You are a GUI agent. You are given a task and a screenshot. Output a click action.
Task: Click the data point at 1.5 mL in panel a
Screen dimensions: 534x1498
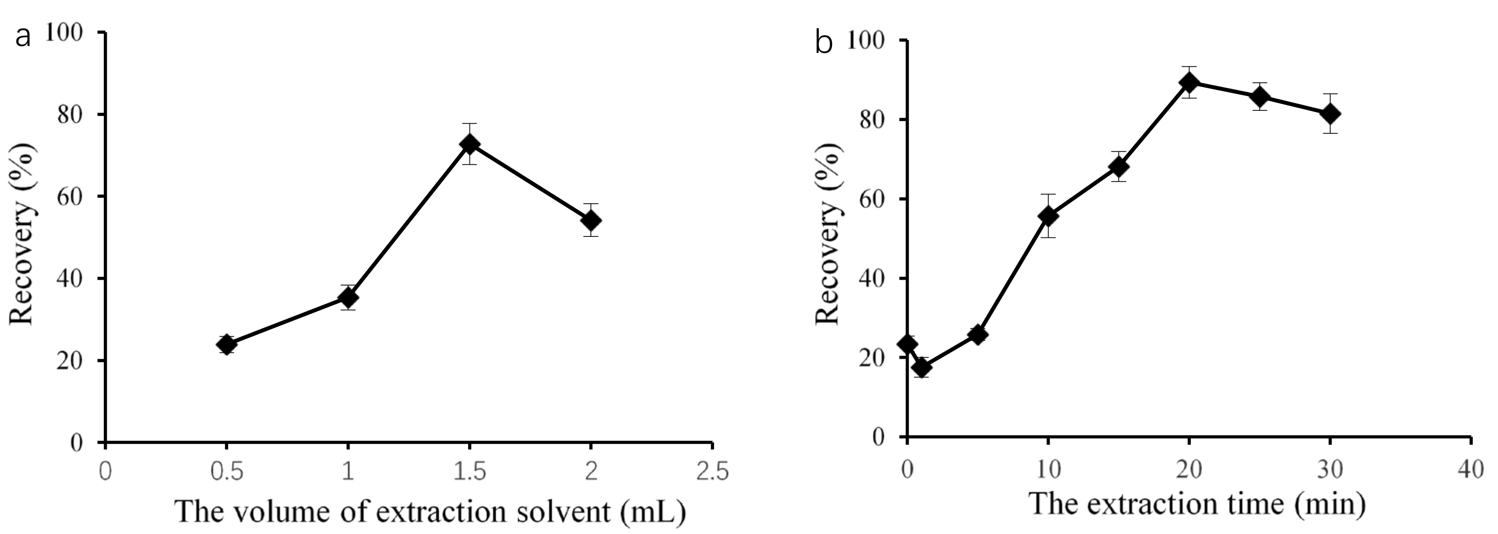point(469,144)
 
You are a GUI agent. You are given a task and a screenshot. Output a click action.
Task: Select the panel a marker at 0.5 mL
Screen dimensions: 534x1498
point(227,345)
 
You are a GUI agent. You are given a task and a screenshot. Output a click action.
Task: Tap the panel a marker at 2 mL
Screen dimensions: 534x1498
point(591,220)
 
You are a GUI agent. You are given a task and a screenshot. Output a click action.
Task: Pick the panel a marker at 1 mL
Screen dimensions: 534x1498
point(348,298)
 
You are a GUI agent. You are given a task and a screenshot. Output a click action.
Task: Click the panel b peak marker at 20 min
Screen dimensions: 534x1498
point(1189,83)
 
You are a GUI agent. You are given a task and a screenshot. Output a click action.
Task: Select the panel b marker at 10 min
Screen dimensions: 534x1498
point(1048,216)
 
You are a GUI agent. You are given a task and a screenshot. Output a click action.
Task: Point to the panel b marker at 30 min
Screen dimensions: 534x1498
point(1330,114)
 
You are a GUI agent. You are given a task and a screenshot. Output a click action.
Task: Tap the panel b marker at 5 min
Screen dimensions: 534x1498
point(978,334)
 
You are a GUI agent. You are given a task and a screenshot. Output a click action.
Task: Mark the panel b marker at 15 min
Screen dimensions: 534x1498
point(1119,167)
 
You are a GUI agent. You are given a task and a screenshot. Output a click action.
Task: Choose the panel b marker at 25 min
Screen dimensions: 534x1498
point(1259,97)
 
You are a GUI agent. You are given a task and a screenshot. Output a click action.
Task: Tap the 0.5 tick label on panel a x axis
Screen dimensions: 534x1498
point(227,471)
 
